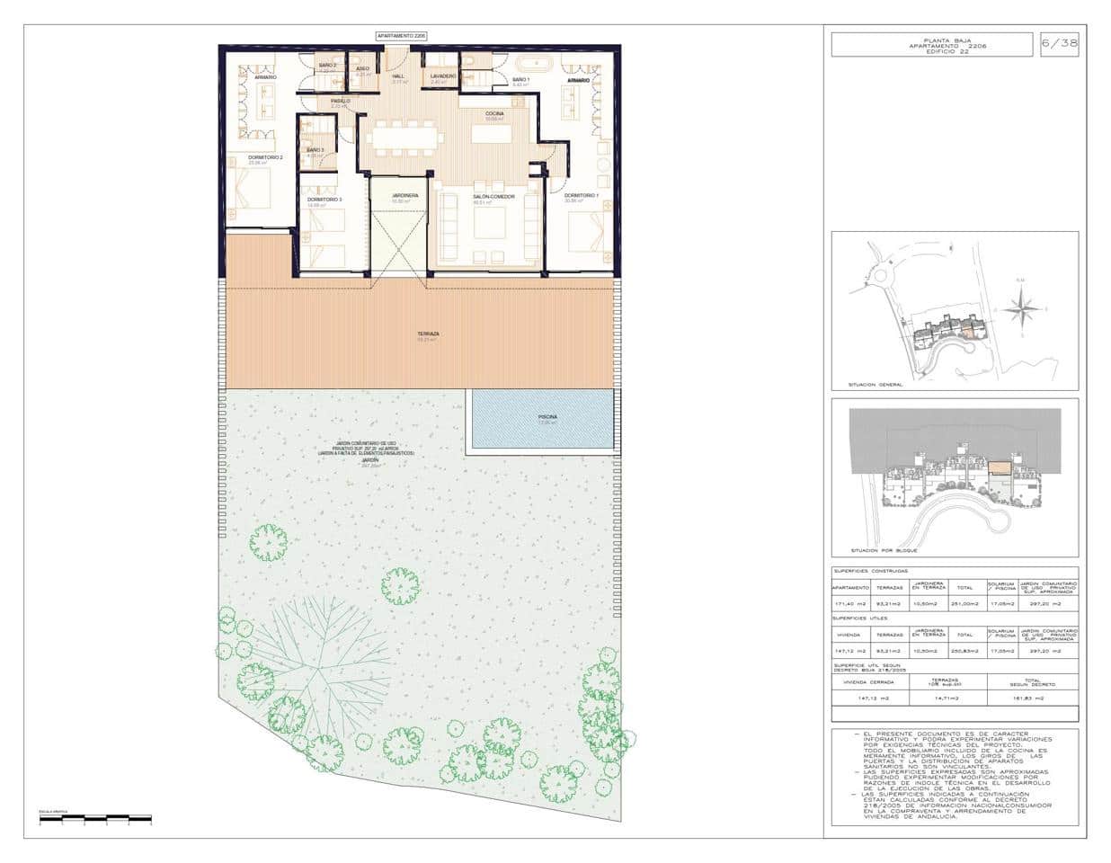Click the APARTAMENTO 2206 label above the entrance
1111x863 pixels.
click(401, 35)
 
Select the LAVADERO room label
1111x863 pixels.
click(443, 77)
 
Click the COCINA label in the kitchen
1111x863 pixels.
click(495, 113)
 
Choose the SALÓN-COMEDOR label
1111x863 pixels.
click(493, 196)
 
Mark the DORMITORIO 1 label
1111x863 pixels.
click(582, 195)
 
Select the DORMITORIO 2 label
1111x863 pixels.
click(265, 158)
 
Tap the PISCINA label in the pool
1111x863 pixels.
click(547, 417)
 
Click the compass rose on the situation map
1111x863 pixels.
click(1019, 311)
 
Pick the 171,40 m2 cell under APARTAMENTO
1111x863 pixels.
click(848, 604)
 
